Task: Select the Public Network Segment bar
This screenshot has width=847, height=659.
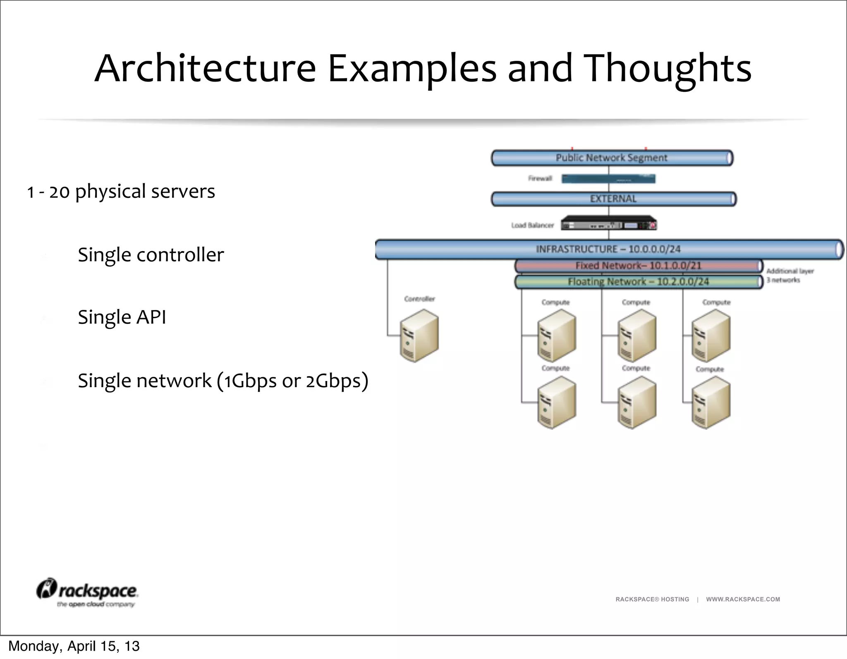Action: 611,158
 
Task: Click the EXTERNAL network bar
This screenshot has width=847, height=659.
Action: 613,199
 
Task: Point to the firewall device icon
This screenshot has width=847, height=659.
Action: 608,179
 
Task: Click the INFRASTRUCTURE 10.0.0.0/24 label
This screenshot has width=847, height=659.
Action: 608,249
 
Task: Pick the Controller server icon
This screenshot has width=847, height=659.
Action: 419,336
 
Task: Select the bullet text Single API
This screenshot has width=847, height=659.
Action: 122,318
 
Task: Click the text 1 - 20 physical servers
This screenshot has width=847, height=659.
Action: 121,192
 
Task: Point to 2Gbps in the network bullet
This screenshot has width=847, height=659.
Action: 336,381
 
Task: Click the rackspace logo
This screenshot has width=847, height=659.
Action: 88,592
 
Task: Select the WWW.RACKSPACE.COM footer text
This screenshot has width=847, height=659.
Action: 743,599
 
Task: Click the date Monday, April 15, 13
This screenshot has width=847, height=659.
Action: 74,646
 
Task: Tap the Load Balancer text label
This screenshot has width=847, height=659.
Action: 532,225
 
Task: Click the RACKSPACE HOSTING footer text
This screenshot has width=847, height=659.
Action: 652,599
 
